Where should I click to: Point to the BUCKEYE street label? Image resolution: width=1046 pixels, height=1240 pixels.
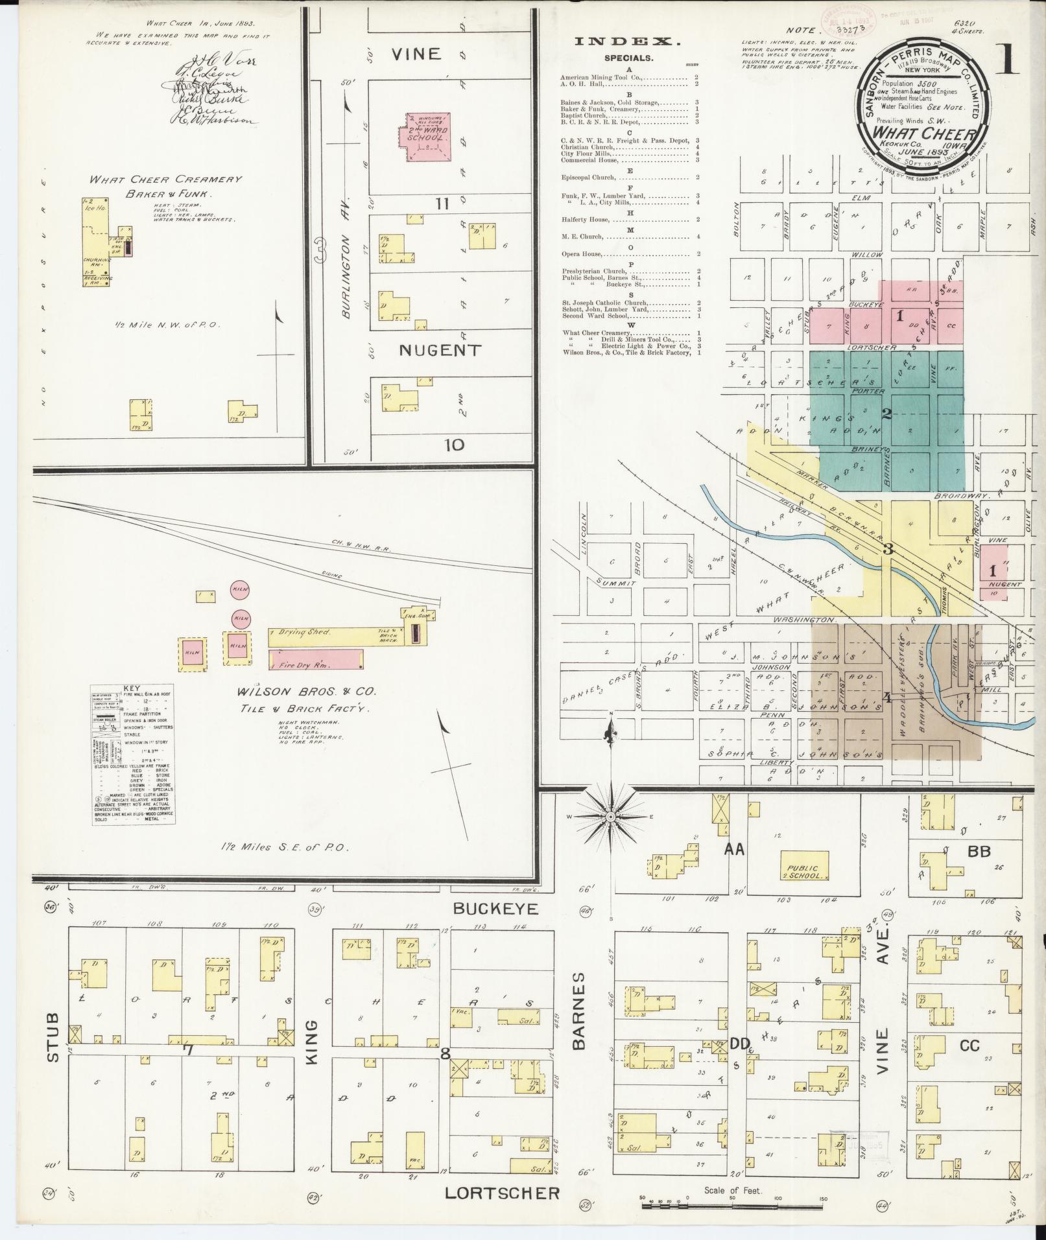tap(497, 909)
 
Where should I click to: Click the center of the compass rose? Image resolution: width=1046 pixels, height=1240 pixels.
tap(610, 818)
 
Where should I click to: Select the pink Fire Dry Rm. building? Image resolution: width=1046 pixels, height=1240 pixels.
tap(316, 661)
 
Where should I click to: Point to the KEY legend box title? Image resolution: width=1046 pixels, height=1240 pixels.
tap(132, 688)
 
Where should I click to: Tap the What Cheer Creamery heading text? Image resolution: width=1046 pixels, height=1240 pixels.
tap(165, 180)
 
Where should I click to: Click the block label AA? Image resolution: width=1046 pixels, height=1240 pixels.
tap(735, 850)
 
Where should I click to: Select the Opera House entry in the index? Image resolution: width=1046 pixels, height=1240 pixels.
tap(584, 254)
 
